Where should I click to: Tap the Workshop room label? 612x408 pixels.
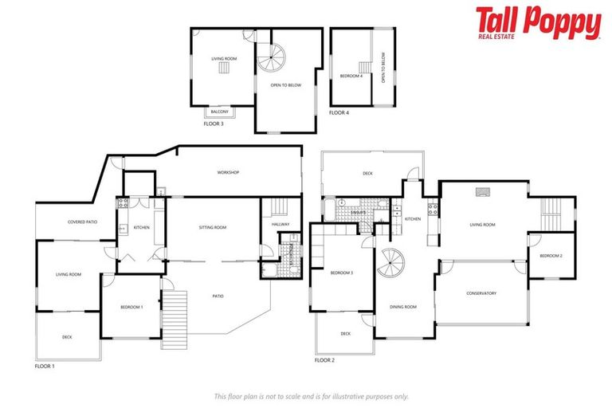pos(229,173)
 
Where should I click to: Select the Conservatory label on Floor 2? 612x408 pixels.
pos(481,293)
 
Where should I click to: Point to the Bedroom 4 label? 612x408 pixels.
pos(351,76)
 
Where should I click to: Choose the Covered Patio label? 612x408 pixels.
pos(82,222)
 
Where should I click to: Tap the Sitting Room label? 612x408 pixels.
pos(213,228)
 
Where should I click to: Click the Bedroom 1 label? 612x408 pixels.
pos(131,307)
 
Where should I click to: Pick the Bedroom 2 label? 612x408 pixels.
pos(551,256)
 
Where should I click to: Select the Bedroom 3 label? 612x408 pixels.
pos(341,273)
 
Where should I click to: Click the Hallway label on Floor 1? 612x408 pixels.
pos(280,225)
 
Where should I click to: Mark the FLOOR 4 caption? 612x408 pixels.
pos(339,113)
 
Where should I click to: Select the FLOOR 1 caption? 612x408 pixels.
pos(45,366)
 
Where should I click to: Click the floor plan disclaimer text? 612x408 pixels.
pos(311,395)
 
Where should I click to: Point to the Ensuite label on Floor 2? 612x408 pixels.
pos(358,213)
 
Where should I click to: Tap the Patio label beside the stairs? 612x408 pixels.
pos(218,296)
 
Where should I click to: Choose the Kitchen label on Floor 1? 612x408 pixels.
pos(141,228)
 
